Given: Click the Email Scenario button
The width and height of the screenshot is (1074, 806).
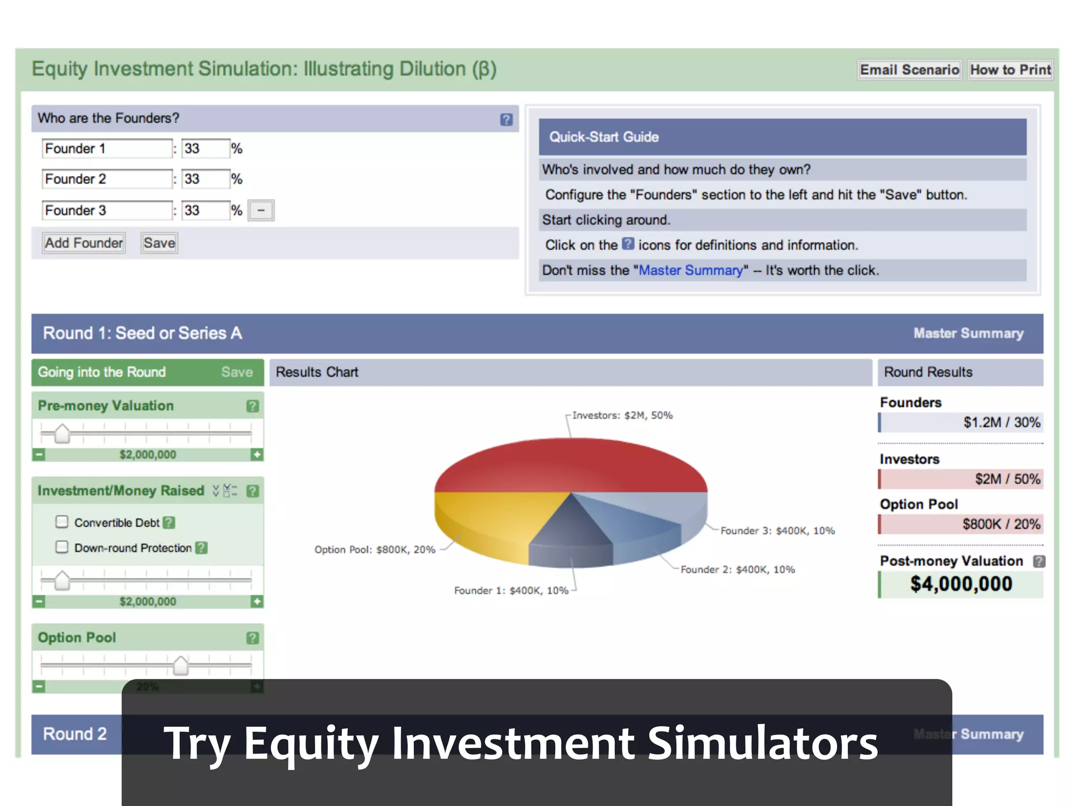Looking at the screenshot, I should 909,70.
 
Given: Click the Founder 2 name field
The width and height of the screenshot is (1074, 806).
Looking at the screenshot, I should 107,179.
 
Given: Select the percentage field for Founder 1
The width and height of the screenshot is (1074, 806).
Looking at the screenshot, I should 206,149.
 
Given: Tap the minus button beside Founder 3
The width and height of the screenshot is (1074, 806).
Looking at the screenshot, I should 261,210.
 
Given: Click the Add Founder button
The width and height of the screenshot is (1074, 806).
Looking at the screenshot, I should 84,243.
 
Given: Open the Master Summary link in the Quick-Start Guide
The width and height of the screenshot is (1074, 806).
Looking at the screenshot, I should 691,270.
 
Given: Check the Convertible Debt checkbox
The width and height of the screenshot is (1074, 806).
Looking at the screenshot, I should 62,522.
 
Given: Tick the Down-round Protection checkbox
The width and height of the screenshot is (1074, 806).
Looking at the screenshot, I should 62,547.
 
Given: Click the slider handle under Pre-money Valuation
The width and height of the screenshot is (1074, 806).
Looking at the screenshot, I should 62,433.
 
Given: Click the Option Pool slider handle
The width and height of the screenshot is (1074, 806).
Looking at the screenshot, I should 180,665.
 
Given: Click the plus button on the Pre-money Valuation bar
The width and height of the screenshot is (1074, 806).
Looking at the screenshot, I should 256,454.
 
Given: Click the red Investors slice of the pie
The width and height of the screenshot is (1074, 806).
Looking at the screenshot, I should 571,464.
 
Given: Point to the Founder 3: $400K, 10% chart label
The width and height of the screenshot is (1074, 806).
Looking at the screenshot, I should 777,531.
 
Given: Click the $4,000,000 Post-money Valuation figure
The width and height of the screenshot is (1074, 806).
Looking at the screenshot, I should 961,584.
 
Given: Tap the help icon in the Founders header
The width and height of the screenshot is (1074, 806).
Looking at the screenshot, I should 506,120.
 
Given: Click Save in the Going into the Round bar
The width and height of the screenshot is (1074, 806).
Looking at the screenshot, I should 237,372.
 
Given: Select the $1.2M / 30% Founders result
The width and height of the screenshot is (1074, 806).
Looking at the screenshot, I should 1001,422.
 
